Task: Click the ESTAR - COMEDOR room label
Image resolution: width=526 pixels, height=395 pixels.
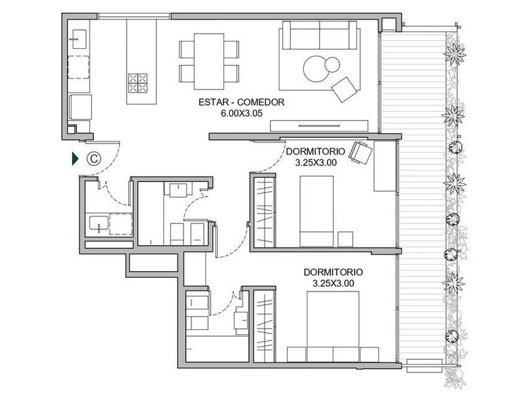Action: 241,102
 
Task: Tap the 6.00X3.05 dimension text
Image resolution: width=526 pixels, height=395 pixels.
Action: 241,113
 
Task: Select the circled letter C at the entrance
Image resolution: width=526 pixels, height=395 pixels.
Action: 94,158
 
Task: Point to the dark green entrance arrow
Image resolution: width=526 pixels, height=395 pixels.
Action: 75,159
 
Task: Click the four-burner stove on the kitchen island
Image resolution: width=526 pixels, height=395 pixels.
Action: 138,83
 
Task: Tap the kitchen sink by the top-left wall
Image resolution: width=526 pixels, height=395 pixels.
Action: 78,39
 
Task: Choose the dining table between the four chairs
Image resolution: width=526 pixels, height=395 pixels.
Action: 209,61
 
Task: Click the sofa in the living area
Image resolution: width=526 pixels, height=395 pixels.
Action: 319,35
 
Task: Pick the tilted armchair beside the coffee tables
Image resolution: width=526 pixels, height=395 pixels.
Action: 344,89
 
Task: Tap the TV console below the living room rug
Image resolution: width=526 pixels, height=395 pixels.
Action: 319,125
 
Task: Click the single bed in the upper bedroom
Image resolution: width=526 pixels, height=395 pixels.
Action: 316,211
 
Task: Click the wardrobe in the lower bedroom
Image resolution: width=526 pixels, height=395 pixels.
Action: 265,325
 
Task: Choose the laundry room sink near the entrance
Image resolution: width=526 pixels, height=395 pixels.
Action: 99,224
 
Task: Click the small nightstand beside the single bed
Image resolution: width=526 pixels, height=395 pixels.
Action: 345,239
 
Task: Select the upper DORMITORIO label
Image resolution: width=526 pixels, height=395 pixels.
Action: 316,152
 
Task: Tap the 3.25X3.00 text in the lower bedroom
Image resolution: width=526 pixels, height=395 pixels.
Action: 333,283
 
